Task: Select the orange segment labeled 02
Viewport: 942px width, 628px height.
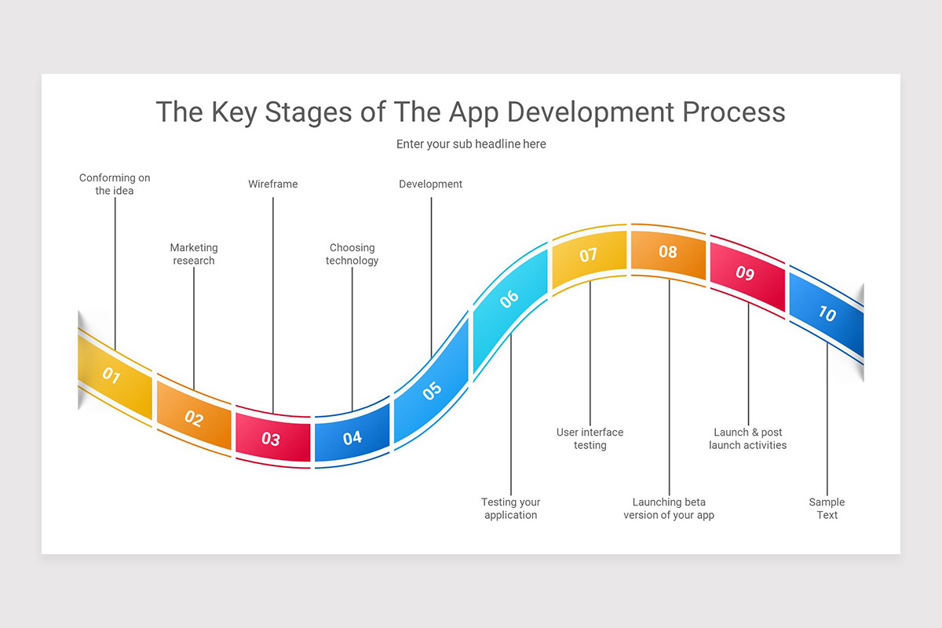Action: [194, 418]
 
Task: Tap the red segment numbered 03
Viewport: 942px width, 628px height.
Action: [272, 438]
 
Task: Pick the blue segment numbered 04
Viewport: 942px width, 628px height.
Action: [352, 437]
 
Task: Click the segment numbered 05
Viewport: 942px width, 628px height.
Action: [431, 389]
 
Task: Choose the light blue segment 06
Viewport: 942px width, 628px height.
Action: [510, 298]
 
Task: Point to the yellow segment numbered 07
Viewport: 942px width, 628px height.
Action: [589, 255]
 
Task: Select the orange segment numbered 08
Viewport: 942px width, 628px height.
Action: [668, 252]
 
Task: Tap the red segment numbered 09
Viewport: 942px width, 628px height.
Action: [747, 273]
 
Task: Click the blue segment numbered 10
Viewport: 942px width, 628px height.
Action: [827, 313]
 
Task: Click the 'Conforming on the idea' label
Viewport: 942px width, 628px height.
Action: [115, 184]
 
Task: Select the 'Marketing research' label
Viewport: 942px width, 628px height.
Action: [194, 254]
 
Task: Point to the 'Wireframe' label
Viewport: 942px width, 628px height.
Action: [273, 184]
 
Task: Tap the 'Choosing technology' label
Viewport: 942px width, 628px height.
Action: [352, 254]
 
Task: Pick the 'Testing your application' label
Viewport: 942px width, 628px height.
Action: [510, 509]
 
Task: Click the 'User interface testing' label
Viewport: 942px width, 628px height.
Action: [590, 439]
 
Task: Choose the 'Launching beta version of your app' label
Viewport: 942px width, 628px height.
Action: [669, 509]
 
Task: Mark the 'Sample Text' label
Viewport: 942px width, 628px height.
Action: [827, 509]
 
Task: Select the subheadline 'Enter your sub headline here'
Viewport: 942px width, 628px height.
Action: [471, 144]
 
